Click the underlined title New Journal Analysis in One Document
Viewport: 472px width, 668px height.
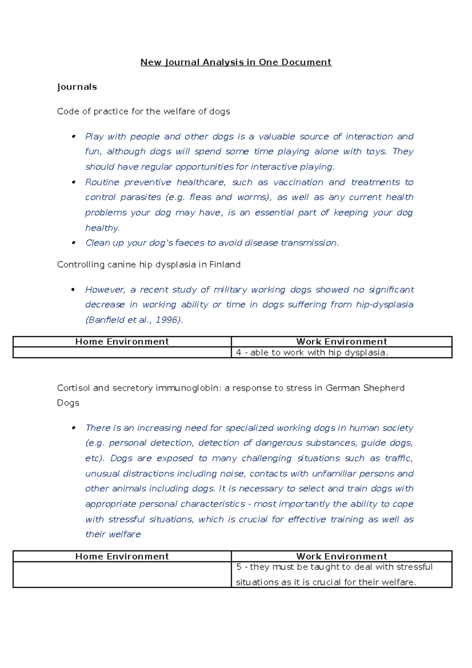click(236, 62)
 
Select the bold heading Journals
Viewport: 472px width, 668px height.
click(77, 87)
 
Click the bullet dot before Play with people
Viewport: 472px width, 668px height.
click(73, 137)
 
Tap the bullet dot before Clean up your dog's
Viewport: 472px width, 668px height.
click(73, 243)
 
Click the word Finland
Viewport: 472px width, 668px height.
click(225, 264)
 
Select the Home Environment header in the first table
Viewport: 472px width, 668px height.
click(122, 341)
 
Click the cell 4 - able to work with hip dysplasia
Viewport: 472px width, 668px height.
click(312, 352)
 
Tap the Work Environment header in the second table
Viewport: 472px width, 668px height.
click(341, 556)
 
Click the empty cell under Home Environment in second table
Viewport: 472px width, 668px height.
click(122, 574)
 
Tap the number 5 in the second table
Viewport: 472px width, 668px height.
click(239, 567)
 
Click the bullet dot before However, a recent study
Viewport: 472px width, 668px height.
click(73, 290)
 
